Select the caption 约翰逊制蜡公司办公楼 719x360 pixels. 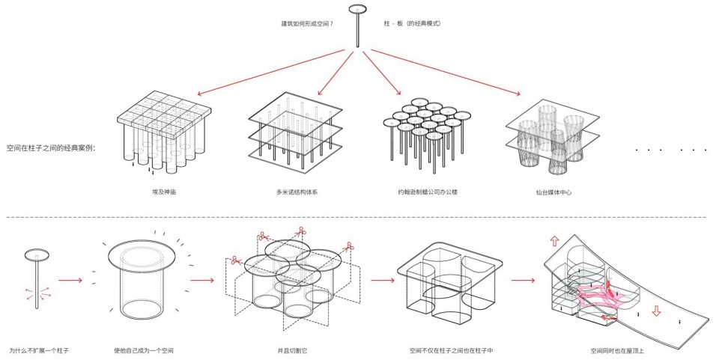point(427,192)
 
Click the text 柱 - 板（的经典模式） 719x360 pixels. point(413,24)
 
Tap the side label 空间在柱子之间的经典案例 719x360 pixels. point(55,147)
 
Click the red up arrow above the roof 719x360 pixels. point(553,241)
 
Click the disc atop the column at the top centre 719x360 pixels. point(357,10)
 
